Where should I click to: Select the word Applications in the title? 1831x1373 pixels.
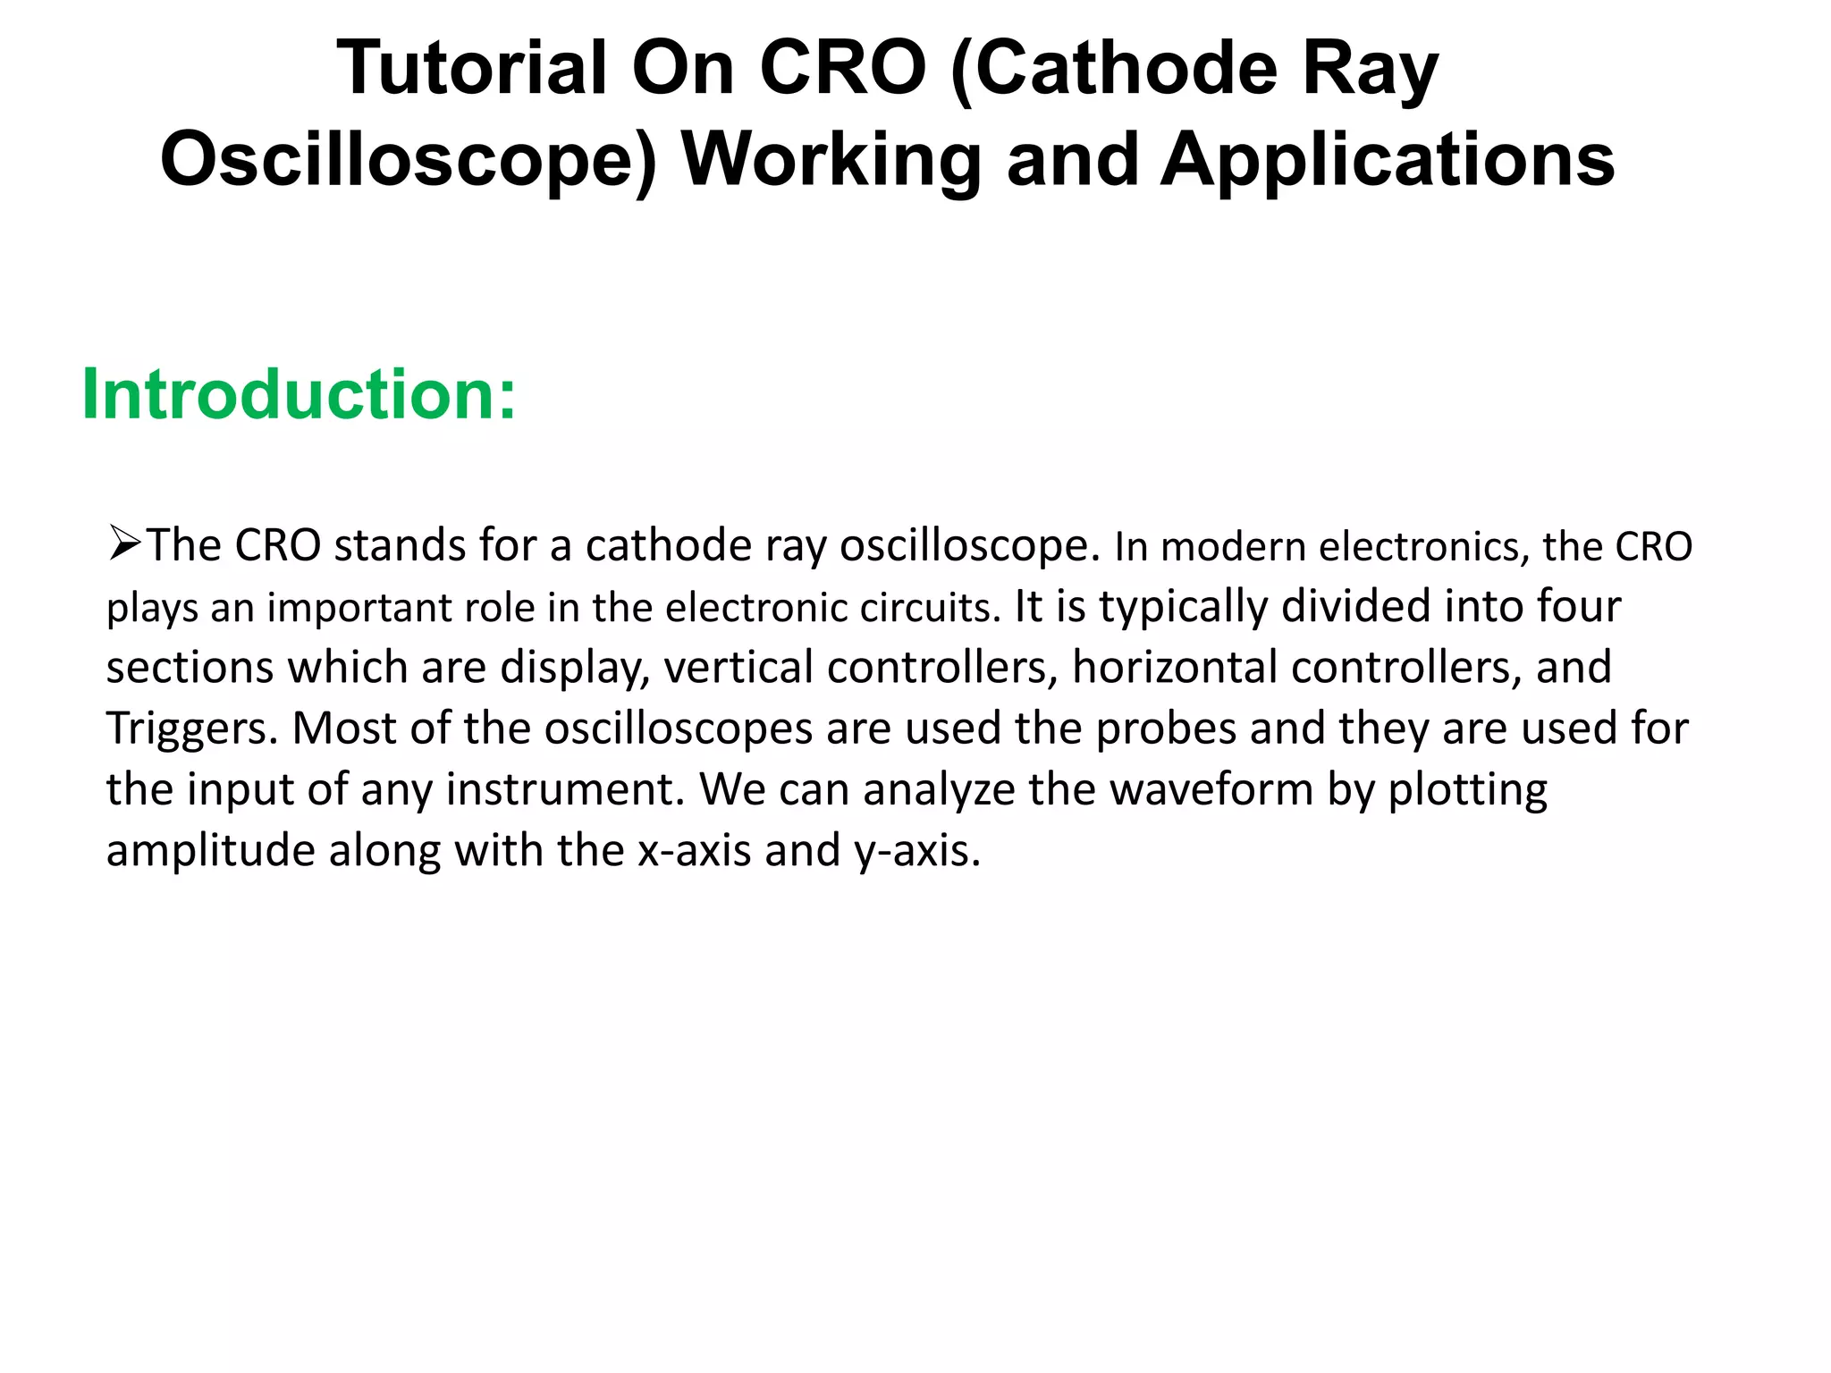point(1387,161)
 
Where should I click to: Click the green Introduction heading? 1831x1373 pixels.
point(299,395)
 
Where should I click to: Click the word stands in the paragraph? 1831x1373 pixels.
point(400,546)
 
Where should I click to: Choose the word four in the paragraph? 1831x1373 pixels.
point(1578,607)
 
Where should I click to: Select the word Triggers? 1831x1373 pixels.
point(192,730)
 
